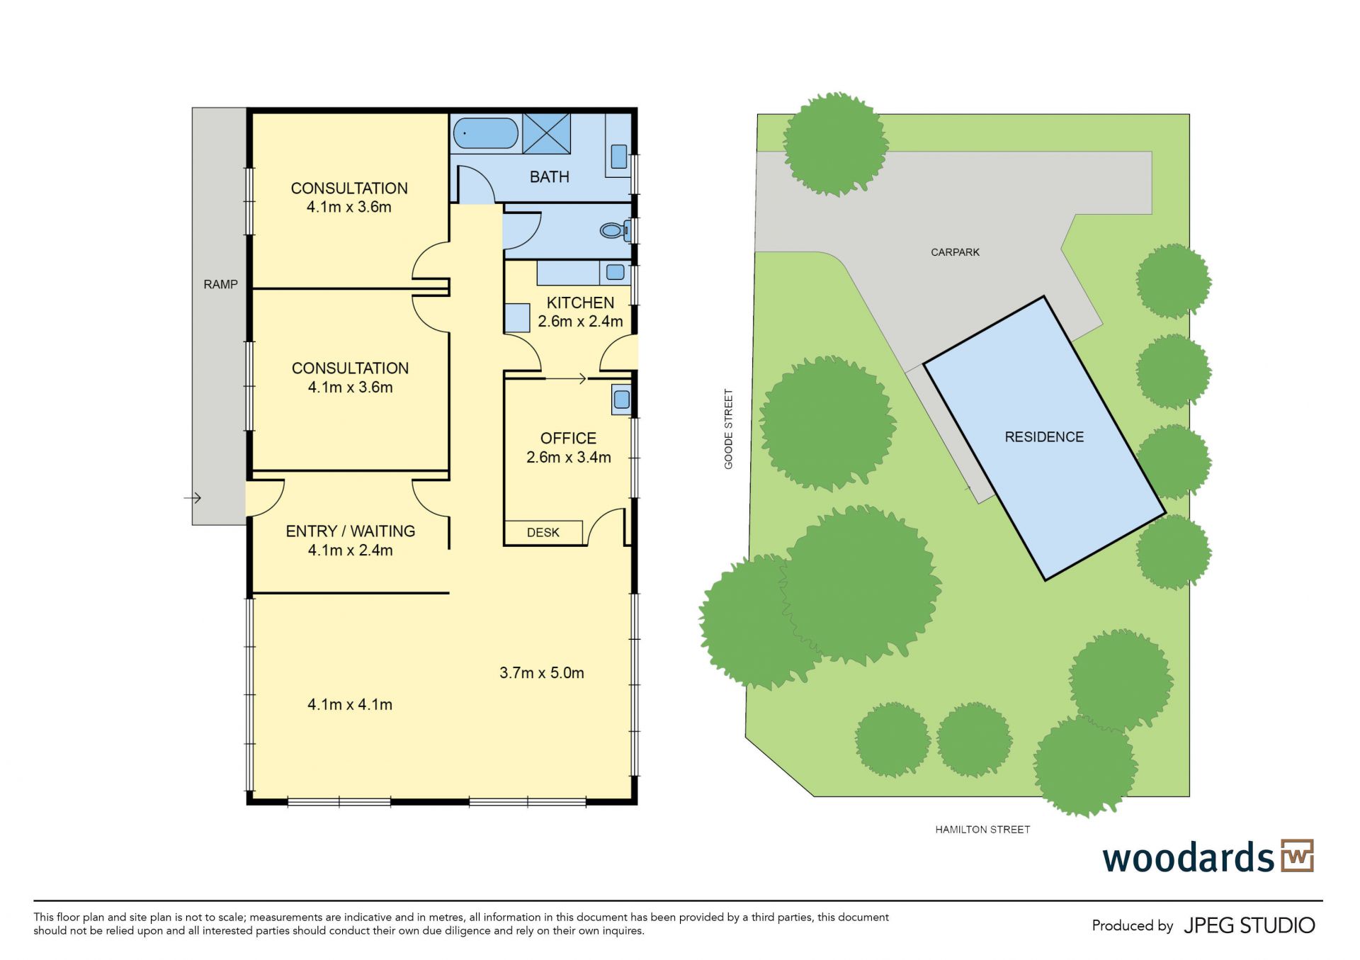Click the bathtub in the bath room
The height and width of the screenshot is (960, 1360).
pos(485,133)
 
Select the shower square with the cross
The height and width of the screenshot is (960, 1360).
pos(546,133)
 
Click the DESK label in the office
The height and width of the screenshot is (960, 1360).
pos(543,532)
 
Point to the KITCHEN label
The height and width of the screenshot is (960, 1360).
pos(580,303)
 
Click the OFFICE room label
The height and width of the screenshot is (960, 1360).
pos(568,438)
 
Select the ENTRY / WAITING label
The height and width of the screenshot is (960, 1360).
pos(350,531)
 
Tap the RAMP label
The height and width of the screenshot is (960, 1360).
pos(220,284)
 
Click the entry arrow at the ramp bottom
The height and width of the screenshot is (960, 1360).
pos(193,498)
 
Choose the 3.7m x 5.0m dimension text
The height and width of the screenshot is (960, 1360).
pos(542,672)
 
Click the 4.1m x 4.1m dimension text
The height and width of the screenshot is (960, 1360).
pos(350,704)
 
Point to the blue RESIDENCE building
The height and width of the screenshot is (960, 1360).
pos(1045,438)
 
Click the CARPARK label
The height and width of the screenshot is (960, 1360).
pos(955,252)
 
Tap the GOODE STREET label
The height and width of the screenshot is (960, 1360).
pos(728,429)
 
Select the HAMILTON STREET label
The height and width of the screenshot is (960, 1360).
pos(982,830)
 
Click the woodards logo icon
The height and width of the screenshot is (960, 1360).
pos(1298,856)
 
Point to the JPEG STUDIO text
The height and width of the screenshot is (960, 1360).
pos(1249,925)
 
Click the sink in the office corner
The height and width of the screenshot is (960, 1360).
pos(621,400)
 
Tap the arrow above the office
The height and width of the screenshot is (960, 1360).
pos(565,379)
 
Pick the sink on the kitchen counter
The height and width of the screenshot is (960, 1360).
pos(615,272)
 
